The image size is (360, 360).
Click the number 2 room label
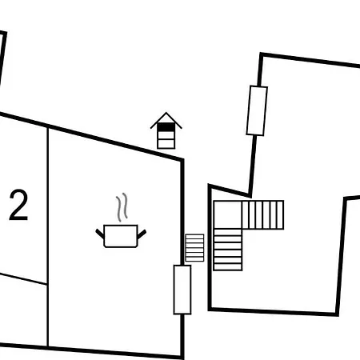point(18,205)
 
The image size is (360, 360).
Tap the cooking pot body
point(121,236)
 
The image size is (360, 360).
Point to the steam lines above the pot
point(122,207)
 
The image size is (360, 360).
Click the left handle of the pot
point(100,234)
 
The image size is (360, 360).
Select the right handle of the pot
point(142,234)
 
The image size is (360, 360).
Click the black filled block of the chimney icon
point(166,127)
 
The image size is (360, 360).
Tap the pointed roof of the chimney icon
point(166,120)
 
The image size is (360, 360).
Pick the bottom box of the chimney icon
point(166,144)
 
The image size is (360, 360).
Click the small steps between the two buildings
point(194,248)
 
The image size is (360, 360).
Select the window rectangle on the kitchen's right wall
point(182,290)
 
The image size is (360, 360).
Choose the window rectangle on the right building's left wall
point(257,110)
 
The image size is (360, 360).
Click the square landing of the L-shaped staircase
point(228,215)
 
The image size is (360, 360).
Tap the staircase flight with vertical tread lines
point(263,215)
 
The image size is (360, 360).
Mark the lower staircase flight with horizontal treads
point(228,250)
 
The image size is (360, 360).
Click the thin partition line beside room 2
point(48,237)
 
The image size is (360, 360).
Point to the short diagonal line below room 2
point(23,278)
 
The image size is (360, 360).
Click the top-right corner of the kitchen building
point(182,160)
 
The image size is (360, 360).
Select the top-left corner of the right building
point(262,54)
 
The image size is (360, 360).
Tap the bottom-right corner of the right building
point(337,314)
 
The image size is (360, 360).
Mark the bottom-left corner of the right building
point(210,309)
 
